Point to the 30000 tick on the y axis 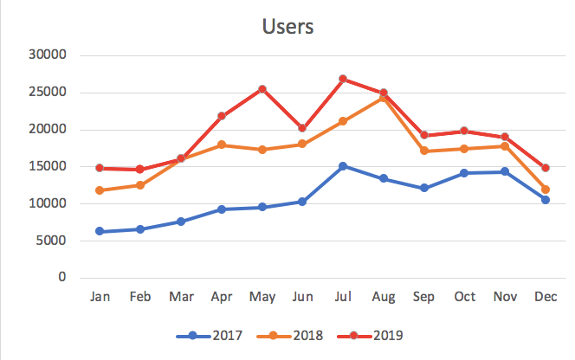point(48,55)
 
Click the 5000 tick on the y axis point(52,241)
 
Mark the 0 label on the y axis point(62,278)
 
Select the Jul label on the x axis point(343,297)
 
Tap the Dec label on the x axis point(546,297)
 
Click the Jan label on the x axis point(100,297)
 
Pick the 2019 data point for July point(343,79)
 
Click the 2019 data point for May point(262,89)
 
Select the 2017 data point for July point(343,166)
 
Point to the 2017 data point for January point(100,231)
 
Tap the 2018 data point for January point(100,190)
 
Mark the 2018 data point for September point(424,151)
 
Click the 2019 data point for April point(222,116)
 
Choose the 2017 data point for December point(546,200)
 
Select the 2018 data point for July point(343,121)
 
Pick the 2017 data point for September point(424,188)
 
